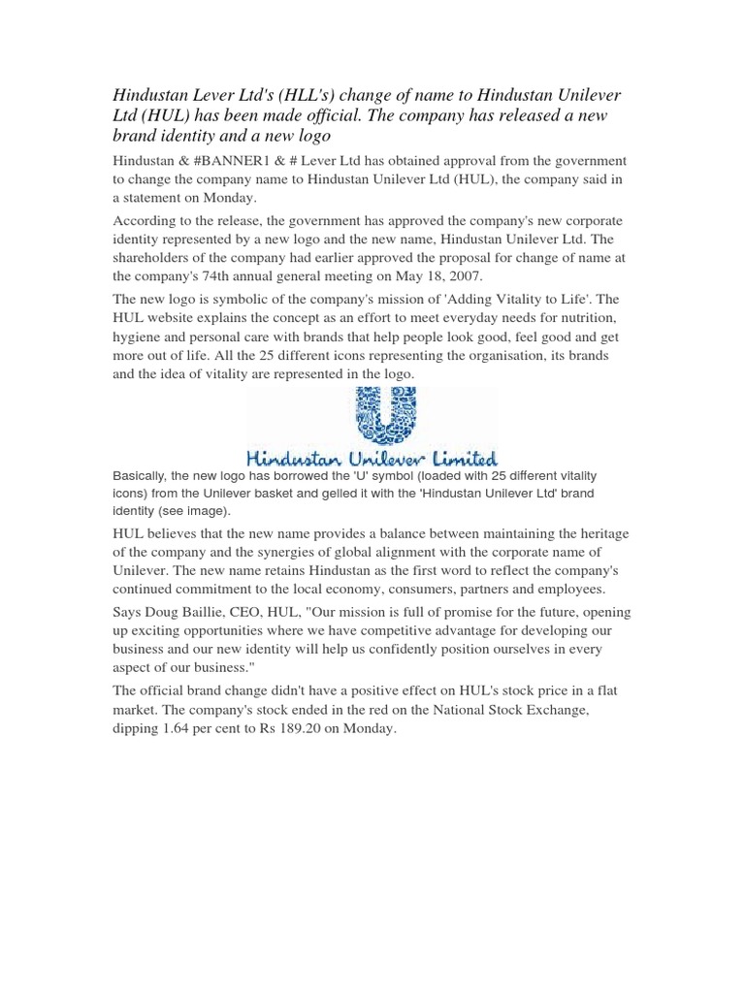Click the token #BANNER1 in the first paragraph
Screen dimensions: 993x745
tap(229, 160)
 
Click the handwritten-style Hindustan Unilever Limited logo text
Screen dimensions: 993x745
tap(372, 457)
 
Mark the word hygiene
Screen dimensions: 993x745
tap(140, 337)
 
